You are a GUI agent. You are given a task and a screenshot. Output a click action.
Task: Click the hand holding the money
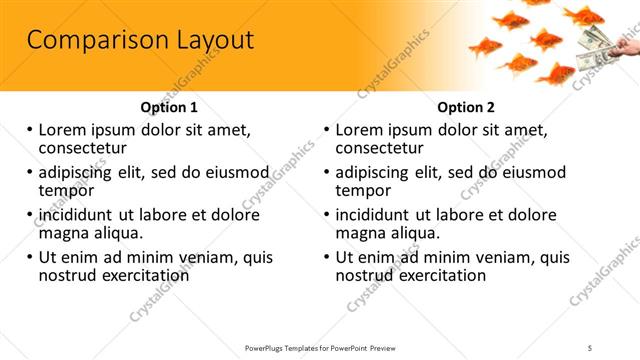(629, 44)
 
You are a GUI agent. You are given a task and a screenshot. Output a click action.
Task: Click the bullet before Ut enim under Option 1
(30, 257)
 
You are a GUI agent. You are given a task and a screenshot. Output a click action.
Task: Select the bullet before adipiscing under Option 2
(328, 171)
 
